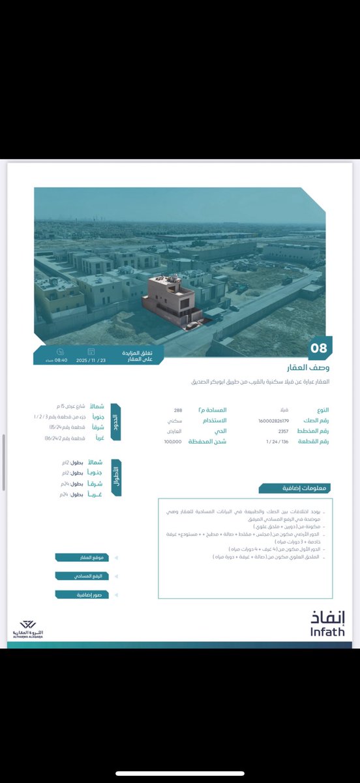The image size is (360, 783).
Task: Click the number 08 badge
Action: click(x=318, y=348)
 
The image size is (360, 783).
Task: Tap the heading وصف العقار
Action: click(x=308, y=367)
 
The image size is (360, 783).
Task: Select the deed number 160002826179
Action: click(x=273, y=421)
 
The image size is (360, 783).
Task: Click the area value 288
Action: click(x=177, y=410)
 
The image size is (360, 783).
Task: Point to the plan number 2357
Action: click(x=283, y=431)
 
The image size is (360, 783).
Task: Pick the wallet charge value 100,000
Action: click(x=173, y=442)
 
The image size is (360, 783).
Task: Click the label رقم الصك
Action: click(x=314, y=421)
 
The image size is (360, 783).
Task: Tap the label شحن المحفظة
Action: click(x=207, y=442)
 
